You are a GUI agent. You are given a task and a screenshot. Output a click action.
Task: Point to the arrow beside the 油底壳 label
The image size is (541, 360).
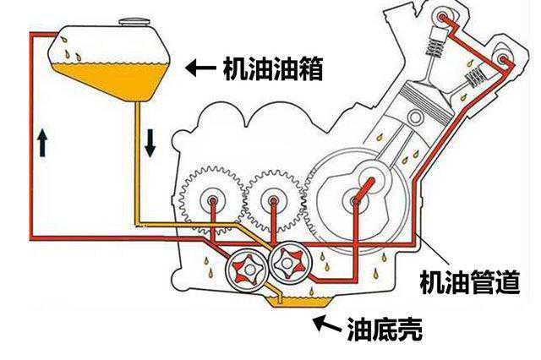click(325, 322)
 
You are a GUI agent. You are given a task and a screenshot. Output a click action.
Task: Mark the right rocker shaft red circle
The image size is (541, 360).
click(505, 60)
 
